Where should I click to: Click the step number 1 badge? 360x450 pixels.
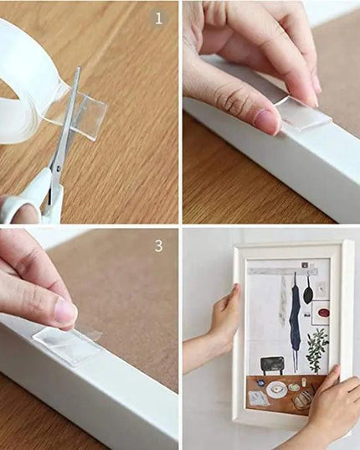[159, 16]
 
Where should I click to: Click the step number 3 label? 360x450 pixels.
[159, 246]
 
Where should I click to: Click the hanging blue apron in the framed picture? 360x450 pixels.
[296, 319]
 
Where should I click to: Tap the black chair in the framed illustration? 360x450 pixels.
[272, 365]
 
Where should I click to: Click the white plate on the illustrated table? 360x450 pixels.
[277, 389]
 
